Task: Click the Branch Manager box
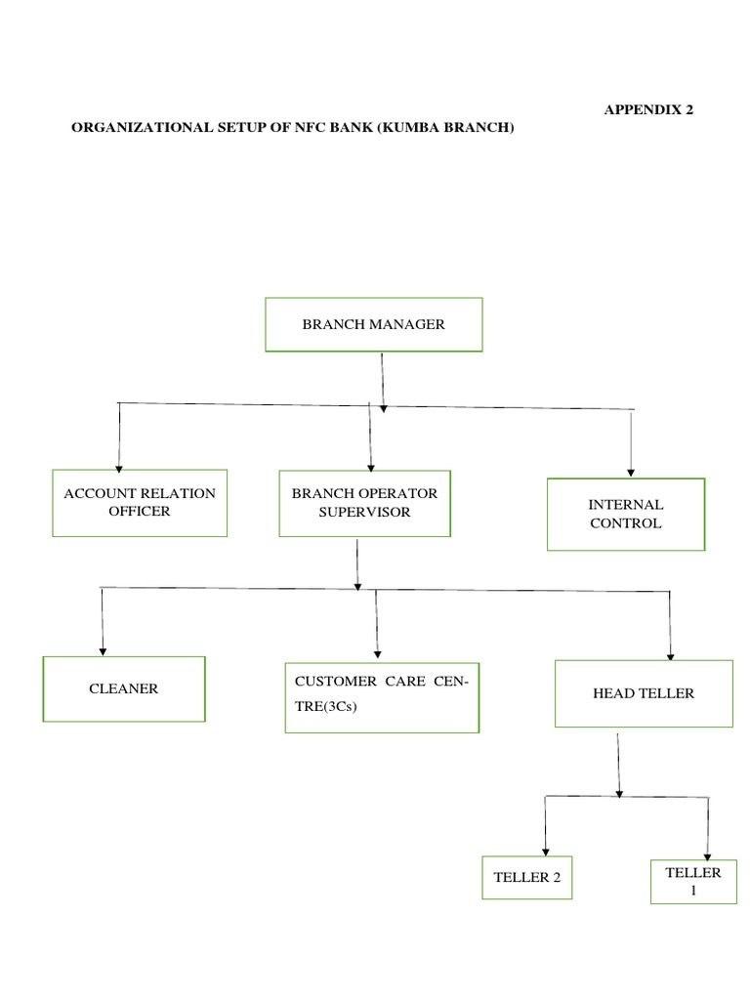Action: pyautogui.click(x=374, y=324)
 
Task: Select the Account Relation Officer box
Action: pyautogui.click(x=140, y=503)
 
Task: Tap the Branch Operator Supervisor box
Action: pyautogui.click(x=364, y=503)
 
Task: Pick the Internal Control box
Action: pyautogui.click(x=625, y=514)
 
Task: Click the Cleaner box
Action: pyautogui.click(x=124, y=688)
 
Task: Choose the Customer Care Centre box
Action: pyautogui.click(x=382, y=697)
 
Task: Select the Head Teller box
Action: pyautogui.click(x=644, y=693)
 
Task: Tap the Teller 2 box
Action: pyautogui.click(x=527, y=877)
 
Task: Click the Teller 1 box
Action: pyautogui.click(x=692, y=881)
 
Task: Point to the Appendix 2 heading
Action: pyautogui.click(x=648, y=110)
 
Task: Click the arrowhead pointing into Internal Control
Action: pyautogui.click(x=632, y=472)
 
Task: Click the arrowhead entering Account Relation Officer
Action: pyautogui.click(x=119, y=468)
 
